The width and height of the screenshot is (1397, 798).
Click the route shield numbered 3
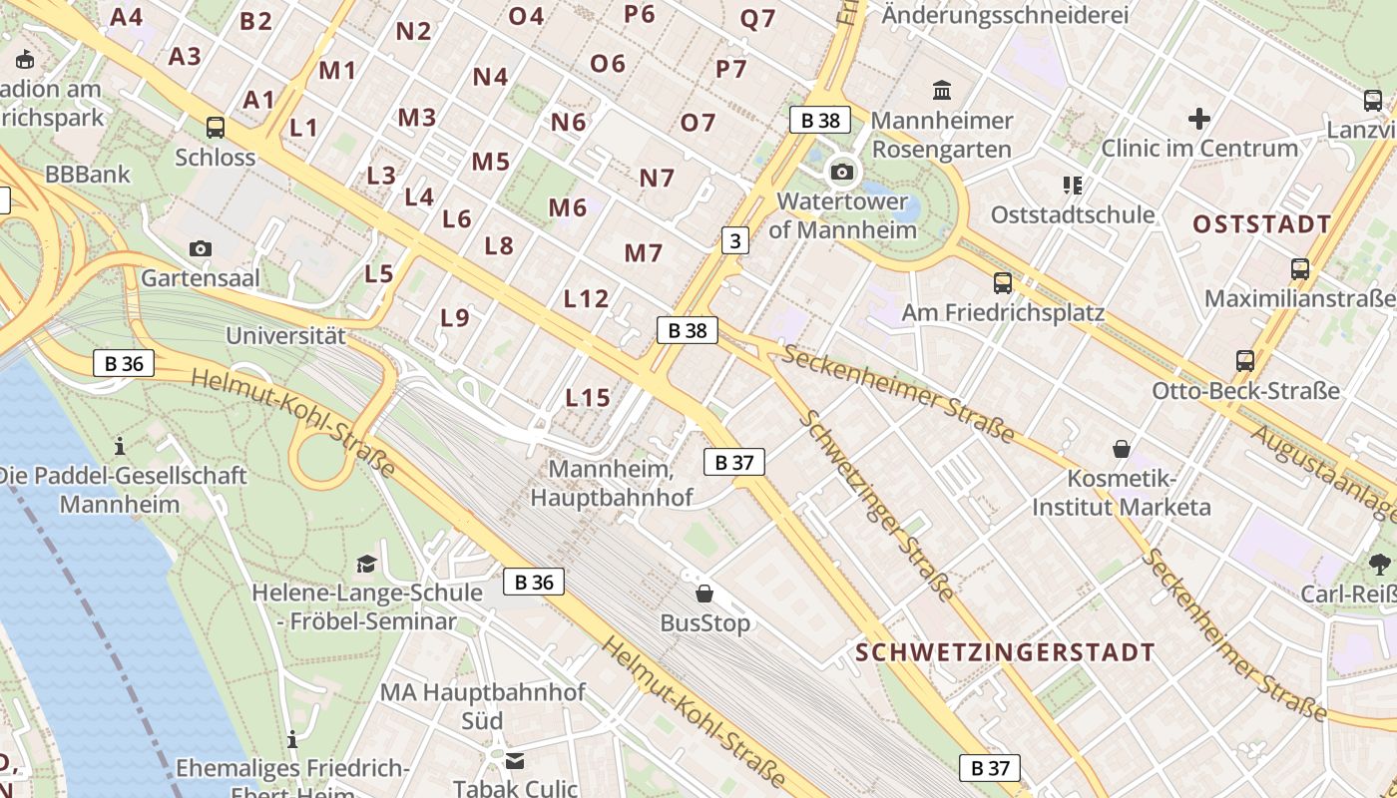click(735, 240)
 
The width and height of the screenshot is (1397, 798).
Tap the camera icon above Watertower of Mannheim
click(842, 172)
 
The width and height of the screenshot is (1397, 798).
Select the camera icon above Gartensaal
click(200, 248)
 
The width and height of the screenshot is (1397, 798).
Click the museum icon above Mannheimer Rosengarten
click(941, 91)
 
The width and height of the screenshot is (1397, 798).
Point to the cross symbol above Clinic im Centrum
click(1199, 120)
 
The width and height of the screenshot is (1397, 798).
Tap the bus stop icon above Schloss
click(215, 128)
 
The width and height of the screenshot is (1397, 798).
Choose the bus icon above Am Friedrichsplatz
click(1003, 283)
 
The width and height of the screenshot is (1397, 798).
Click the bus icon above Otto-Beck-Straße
click(1245, 361)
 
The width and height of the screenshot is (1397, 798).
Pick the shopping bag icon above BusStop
click(704, 594)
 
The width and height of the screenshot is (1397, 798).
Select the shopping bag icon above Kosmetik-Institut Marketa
click(1122, 449)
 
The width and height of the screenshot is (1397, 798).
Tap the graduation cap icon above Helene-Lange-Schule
click(366, 564)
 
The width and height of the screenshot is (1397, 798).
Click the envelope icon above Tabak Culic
click(515, 761)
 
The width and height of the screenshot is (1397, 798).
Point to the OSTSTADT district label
click(1262, 224)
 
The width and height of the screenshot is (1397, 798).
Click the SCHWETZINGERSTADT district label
click(1005, 653)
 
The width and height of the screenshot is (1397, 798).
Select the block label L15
click(588, 398)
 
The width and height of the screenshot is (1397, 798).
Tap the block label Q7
click(757, 19)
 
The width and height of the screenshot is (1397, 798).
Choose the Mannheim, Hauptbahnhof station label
click(611, 483)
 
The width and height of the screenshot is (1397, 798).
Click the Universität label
click(285, 336)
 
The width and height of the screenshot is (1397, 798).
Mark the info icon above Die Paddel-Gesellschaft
click(120, 445)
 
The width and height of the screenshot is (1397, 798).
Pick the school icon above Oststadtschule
click(1073, 185)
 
